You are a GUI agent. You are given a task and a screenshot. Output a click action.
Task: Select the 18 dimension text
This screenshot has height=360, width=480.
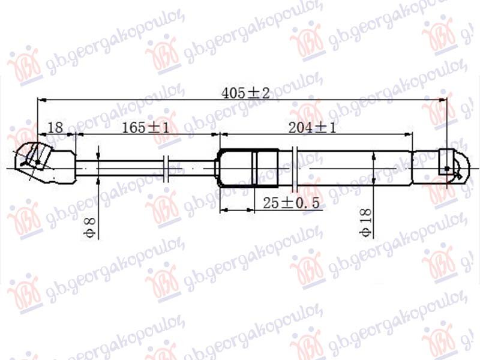(x=55, y=127)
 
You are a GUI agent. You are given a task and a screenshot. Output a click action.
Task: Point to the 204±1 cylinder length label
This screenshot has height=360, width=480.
(x=311, y=127)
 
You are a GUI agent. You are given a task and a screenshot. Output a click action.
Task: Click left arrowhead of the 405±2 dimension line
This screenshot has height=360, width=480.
(x=41, y=100)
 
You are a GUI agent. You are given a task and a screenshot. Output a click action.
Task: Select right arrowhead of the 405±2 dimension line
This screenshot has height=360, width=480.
(x=443, y=100)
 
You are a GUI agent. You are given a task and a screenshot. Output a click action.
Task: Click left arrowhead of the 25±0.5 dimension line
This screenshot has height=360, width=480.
(x=223, y=211)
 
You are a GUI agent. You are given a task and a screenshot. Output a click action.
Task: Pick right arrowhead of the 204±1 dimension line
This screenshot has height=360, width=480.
(x=443, y=134)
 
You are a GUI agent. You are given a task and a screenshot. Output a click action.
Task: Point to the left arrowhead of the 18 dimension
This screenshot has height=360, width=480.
(x=41, y=134)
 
